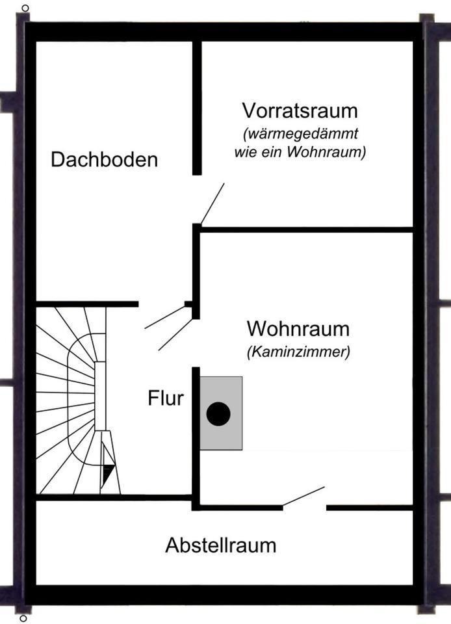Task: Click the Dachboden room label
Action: click(x=104, y=160)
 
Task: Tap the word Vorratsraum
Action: click(x=300, y=110)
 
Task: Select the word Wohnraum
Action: click(x=298, y=328)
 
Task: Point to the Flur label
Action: click(x=166, y=398)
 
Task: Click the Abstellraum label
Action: click(x=220, y=545)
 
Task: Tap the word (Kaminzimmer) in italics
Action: click(x=298, y=352)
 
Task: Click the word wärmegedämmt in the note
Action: click(x=300, y=135)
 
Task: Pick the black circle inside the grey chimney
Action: click(x=218, y=414)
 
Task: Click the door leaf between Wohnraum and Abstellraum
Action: click(x=303, y=496)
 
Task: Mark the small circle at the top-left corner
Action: click(x=25, y=8)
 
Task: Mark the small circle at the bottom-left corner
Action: click(x=23, y=618)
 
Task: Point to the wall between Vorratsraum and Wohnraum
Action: click(x=305, y=229)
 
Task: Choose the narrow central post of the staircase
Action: click(x=100, y=396)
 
